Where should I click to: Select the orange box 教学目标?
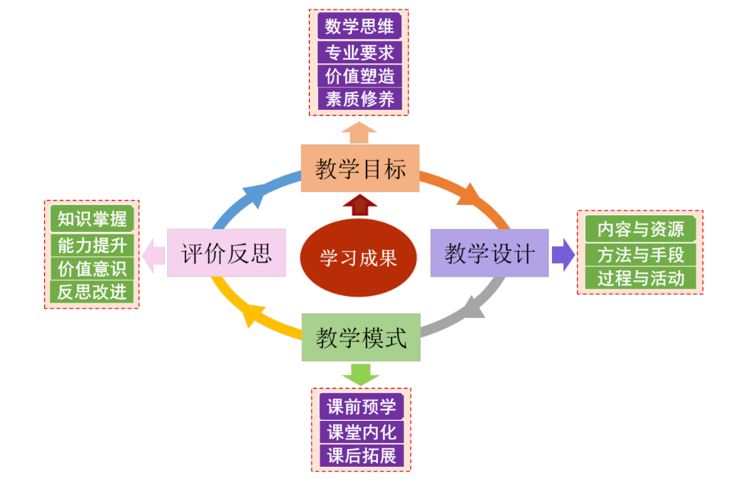pyautogui.click(x=360, y=168)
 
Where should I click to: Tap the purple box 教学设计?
pyautogui.click(x=489, y=253)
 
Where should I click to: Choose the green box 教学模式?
pyautogui.click(x=361, y=337)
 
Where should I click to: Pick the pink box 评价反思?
pyautogui.click(x=226, y=253)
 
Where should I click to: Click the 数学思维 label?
pyautogui.click(x=360, y=27)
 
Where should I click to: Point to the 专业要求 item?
pyautogui.click(x=360, y=52)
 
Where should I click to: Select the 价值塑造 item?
pyautogui.click(x=360, y=76)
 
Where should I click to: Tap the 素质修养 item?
pyautogui.click(x=360, y=99)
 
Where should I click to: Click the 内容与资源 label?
pyautogui.click(x=640, y=229)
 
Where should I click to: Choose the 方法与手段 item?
pyautogui.click(x=640, y=254)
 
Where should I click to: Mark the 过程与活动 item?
pyautogui.click(x=640, y=278)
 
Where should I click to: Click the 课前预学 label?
pyautogui.click(x=361, y=407)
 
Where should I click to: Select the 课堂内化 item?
pyautogui.click(x=361, y=432)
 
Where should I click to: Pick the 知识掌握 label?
pyautogui.click(x=92, y=219)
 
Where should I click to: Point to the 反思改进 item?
pyautogui.click(x=92, y=292)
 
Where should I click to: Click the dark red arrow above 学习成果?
pyautogui.click(x=360, y=205)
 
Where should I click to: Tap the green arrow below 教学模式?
pyautogui.click(x=361, y=374)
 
